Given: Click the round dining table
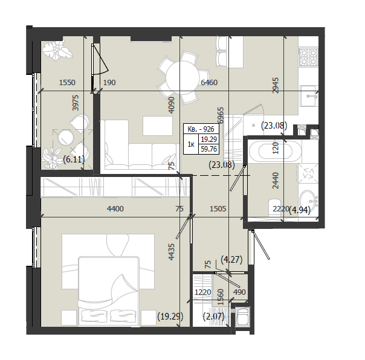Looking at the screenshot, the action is pyautogui.click(x=182, y=77).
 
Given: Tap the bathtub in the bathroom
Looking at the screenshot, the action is pyautogui.click(x=275, y=152).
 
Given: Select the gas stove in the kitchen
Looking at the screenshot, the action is pyautogui.click(x=309, y=57).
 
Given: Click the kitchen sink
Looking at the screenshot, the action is pyautogui.click(x=309, y=95).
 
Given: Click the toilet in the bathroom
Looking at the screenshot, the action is pyautogui.click(x=275, y=208).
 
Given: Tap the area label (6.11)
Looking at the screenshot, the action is pyautogui.click(x=74, y=159).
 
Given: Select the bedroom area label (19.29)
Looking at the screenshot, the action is pyautogui.click(x=170, y=317).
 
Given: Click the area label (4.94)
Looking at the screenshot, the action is pyautogui.click(x=300, y=210).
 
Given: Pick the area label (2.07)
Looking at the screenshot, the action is pyautogui.click(x=214, y=317).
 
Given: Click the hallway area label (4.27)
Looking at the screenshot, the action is pyautogui.click(x=231, y=259).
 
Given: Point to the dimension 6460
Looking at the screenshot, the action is pyautogui.click(x=209, y=82).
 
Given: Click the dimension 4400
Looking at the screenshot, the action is pyautogui.click(x=115, y=209).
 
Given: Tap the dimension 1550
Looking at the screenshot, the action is pyautogui.click(x=67, y=82).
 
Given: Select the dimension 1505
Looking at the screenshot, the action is pyautogui.click(x=218, y=209).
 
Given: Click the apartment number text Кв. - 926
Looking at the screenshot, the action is pyautogui.click(x=201, y=129).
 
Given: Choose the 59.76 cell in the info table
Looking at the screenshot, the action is pyautogui.click(x=209, y=149).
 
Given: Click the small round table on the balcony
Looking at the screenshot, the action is pyautogui.click(x=66, y=138).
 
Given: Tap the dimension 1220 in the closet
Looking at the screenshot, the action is pyautogui.click(x=203, y=292).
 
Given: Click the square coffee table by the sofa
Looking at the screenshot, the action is pyautogui.click(x=158, y=126).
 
